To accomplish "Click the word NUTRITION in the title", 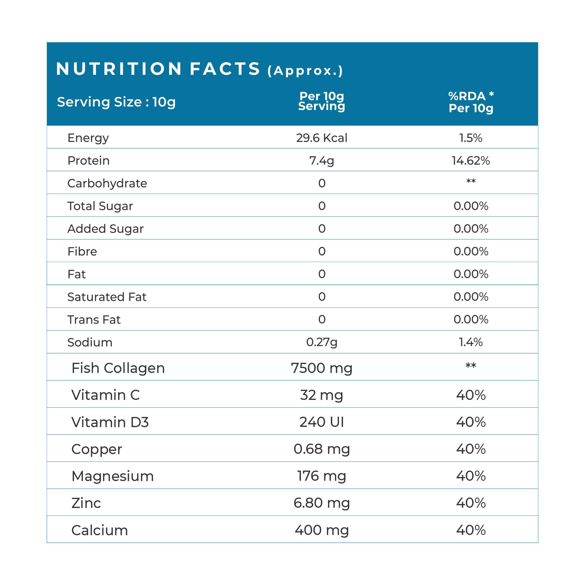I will click(119, 69).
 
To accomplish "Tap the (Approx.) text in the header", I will click(305, 71).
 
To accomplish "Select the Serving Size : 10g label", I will click(116, 102).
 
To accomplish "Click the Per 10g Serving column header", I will click(322, 101).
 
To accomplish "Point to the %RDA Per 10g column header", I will click(471, 102).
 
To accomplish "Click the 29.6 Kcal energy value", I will click(322, 138).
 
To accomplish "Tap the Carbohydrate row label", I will click(107, 183).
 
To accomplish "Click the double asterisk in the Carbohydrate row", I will click(471, 182).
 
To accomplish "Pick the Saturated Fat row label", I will click(107, 297).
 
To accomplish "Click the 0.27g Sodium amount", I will click(322, 342).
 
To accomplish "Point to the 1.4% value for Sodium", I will click(471, 342).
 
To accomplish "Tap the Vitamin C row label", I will click(105, 396).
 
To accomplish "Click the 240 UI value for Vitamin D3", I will click(322, 422).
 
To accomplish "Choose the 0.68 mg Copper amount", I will click(322, 449).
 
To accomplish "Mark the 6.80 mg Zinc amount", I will click(322, 503).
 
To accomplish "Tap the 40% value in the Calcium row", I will click(471, 531).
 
